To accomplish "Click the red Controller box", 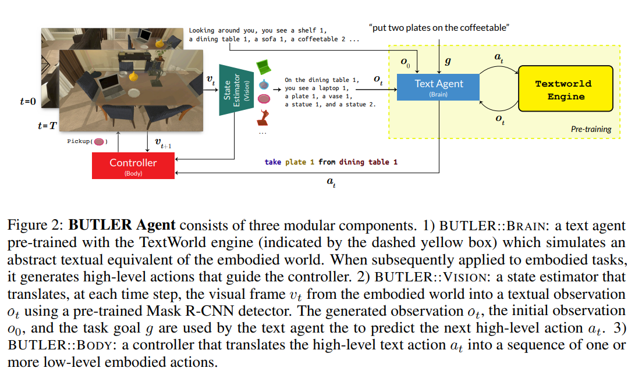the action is click(133, 165).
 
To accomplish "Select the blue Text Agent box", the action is click(438, 87).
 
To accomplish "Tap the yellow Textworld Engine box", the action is click(566, 89).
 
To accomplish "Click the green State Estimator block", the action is click(236, 90).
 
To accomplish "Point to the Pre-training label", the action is click(591, 129).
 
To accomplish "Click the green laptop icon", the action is click(264, 66).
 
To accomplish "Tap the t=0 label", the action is click(28, 102).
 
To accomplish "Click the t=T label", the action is click(47, 125).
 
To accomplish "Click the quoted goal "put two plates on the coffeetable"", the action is click(439, 28).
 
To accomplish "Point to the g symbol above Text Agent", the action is click(447, 61).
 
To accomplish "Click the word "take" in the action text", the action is click(272, 162).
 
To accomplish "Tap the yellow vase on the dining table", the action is click(134, 76).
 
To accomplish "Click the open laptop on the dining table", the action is click(111, 85).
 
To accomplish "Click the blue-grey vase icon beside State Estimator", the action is click(264, 84).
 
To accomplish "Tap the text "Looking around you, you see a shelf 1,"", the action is click(258, 30).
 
